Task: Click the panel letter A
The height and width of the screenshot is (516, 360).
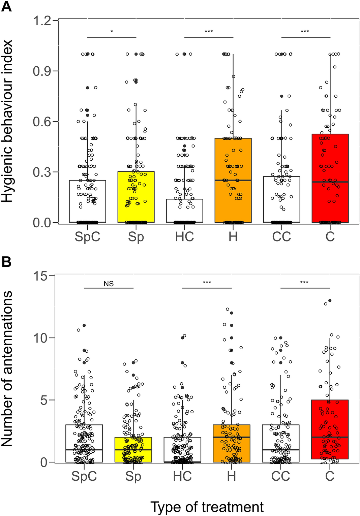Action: (6, 6)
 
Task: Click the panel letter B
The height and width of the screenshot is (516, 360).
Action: (6, 262)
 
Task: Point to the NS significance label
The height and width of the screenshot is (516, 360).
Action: (109, 284)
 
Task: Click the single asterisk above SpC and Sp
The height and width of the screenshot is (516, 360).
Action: (112, 32)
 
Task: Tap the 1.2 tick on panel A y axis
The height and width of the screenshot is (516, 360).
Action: (42, 21)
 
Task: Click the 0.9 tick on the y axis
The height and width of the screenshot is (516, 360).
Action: (42, 71)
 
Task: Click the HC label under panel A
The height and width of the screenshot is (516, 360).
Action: (184, 237)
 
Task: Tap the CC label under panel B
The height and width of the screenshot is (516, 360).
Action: (280, 476)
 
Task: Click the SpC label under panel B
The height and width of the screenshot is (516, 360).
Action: (84, 476)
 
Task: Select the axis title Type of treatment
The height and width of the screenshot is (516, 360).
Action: (207, 507)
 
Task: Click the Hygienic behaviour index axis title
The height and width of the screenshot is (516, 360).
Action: (7, 121)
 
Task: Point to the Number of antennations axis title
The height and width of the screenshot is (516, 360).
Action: (7, 369)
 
